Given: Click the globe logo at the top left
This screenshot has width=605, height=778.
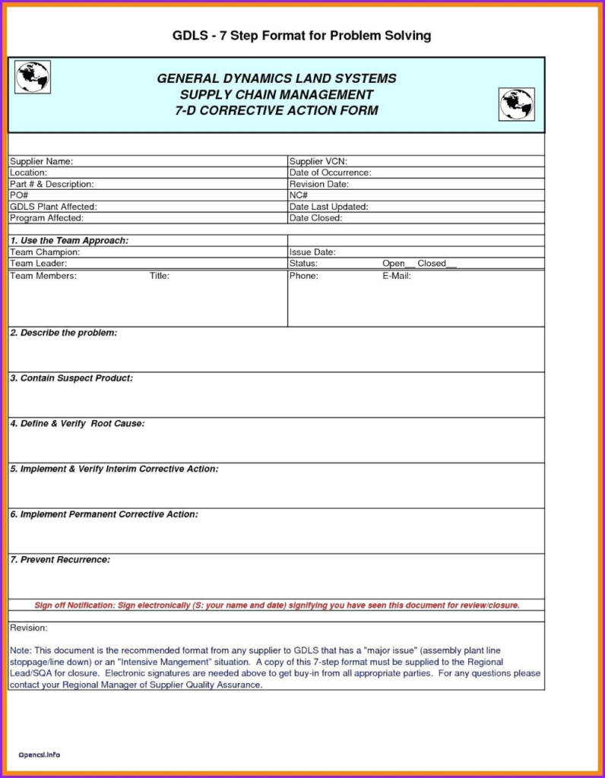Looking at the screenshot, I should [x=33, y=77].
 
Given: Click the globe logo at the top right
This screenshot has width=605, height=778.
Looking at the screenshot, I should [x=516, y=104].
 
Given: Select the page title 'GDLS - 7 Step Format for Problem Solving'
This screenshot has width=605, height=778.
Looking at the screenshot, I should [x=302, y=36].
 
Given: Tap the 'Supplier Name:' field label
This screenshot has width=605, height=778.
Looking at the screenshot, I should [x=41, y=161].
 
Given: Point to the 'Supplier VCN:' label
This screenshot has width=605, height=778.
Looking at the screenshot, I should [x=318, y=161].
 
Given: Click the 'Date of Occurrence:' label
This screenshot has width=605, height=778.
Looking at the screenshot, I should [x=330, y=172].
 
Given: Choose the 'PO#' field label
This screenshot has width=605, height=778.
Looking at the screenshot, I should [x=18, y=195].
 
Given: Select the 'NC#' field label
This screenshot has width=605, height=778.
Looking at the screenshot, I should [x=299, y=195].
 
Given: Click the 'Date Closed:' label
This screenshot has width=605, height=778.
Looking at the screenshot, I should [x=315, y=218].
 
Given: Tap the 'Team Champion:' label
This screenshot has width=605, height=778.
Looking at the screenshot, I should [x=45, y=251].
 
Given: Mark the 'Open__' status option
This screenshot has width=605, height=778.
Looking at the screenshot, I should [x=397, y=264].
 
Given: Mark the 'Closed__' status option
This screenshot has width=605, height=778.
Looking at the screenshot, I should [x=436, y=264].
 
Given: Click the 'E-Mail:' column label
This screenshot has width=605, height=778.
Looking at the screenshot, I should [x=397, y=276].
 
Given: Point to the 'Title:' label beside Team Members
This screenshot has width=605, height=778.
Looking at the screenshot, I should [x=160, y=276].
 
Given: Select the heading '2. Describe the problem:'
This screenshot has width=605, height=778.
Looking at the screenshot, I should [x=64, y=333].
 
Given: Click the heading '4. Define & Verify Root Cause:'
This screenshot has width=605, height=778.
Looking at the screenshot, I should [x=77, y=423].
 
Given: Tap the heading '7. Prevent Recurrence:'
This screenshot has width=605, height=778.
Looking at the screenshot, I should [x=60, y=559].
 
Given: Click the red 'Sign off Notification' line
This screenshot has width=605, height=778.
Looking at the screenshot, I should [x=277, y=606].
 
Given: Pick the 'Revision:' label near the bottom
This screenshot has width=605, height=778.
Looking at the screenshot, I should [x=29, y=628].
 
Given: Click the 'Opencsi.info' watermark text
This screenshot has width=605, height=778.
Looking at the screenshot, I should [x=40, y=754].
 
